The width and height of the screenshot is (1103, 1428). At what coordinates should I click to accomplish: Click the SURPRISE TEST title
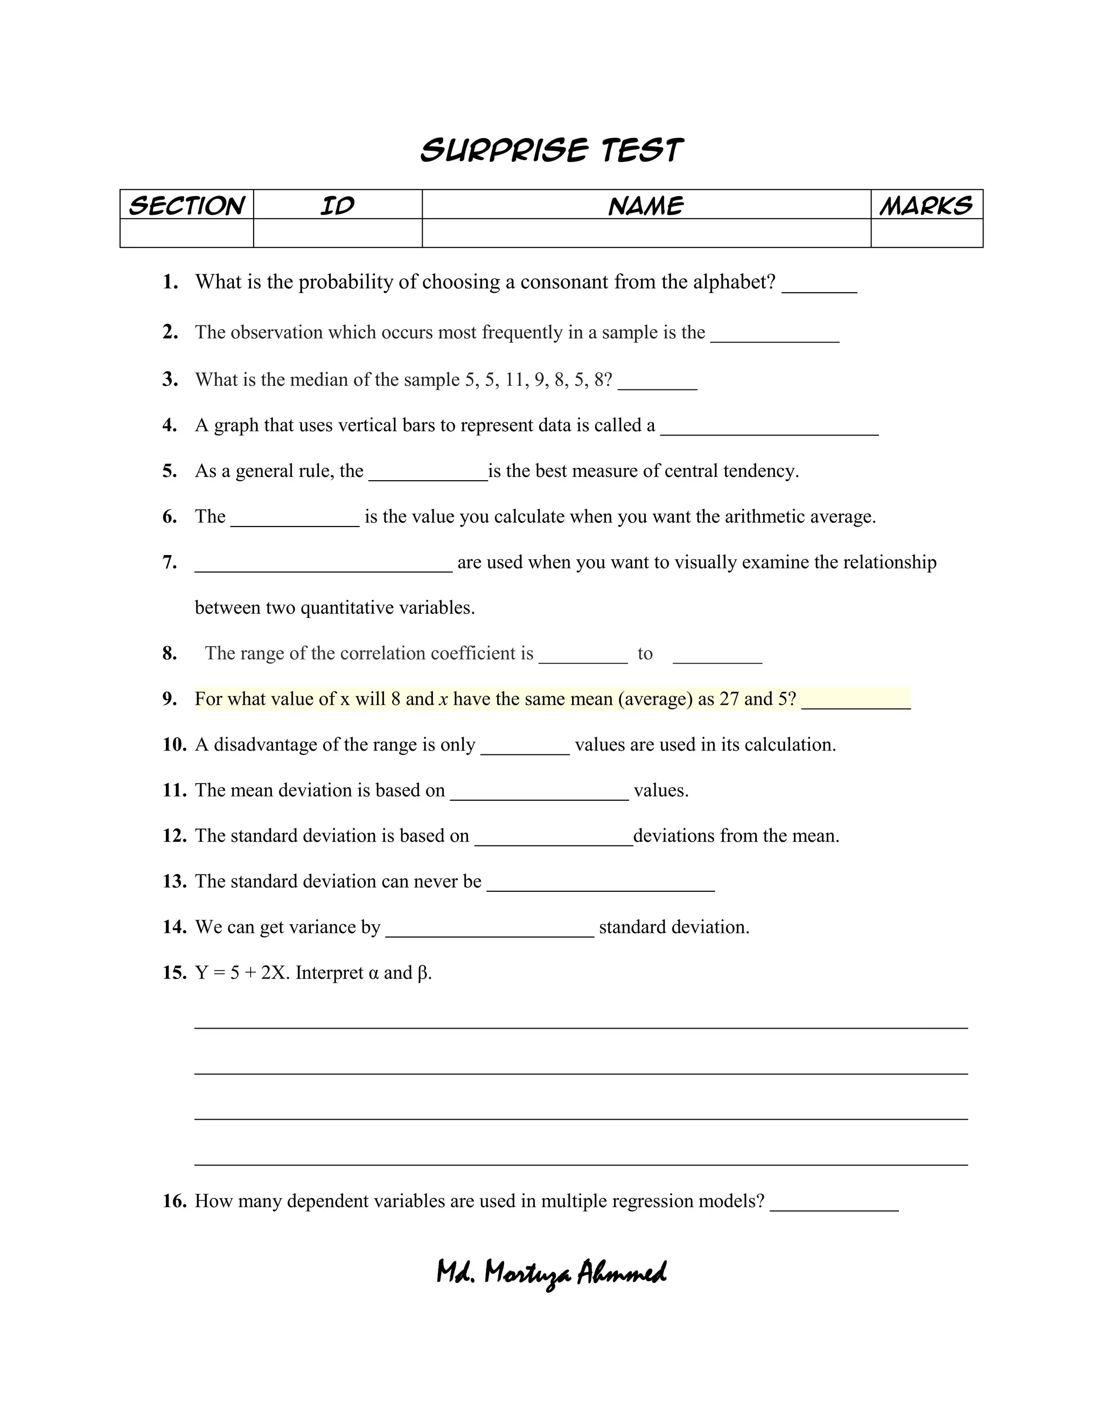[551, 150]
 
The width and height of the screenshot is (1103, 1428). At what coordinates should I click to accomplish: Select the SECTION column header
[187, 205]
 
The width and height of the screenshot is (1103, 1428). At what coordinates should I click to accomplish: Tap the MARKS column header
[926, 205]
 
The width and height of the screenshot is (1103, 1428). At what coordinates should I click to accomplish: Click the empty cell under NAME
[646, 233]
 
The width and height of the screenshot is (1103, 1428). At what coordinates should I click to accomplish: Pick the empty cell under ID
[337, 233]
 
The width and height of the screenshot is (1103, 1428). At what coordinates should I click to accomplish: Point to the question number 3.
[170, 379]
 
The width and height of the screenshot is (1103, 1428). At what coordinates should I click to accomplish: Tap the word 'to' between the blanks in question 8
[645, 653]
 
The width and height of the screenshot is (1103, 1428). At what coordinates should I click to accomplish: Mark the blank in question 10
[525, 750]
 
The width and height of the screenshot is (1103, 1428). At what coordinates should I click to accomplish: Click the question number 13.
[174, 882]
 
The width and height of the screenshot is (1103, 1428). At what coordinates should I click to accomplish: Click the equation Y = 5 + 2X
[242, 973]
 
